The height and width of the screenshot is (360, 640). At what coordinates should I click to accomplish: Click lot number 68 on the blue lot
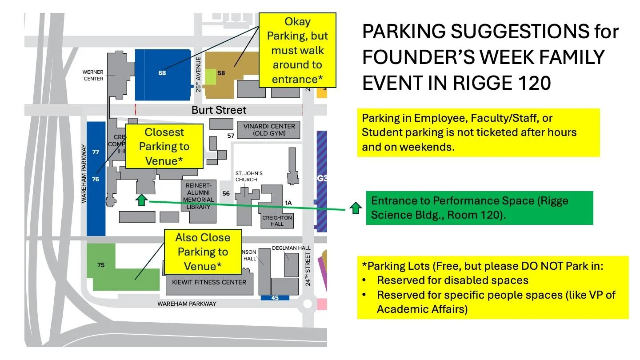[x=162, y=73]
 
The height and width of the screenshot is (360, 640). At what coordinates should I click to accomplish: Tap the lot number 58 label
[x=221, y=73]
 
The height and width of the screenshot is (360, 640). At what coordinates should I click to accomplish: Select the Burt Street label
[x=219, y=110]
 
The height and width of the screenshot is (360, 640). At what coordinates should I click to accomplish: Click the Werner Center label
[x=93, y=75]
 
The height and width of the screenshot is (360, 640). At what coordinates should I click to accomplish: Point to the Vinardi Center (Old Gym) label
[x=269, y=130]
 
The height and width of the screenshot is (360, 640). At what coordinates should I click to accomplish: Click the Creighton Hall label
[x=277, y=221]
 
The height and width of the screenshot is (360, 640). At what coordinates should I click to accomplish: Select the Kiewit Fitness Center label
[x=209, y=282]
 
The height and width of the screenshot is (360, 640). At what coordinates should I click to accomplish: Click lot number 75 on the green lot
[x=101, y=265]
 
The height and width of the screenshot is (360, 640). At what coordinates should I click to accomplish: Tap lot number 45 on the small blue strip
[x=275, y=298]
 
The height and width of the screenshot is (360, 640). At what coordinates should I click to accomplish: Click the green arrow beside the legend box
[x=355, y=208]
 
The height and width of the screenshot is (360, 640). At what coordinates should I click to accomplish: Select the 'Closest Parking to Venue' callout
[x=164, y=146]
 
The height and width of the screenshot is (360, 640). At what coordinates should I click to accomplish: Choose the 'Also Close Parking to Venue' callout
[x=203, y=252]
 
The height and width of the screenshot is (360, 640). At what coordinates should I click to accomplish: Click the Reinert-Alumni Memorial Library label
[x=198, y=196]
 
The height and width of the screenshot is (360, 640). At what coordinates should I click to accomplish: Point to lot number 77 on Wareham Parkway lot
[x=96, y=152]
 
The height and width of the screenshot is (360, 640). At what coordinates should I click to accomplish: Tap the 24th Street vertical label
[x=308, y=268]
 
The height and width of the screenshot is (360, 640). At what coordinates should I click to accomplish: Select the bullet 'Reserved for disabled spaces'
[x=452, y=280]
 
